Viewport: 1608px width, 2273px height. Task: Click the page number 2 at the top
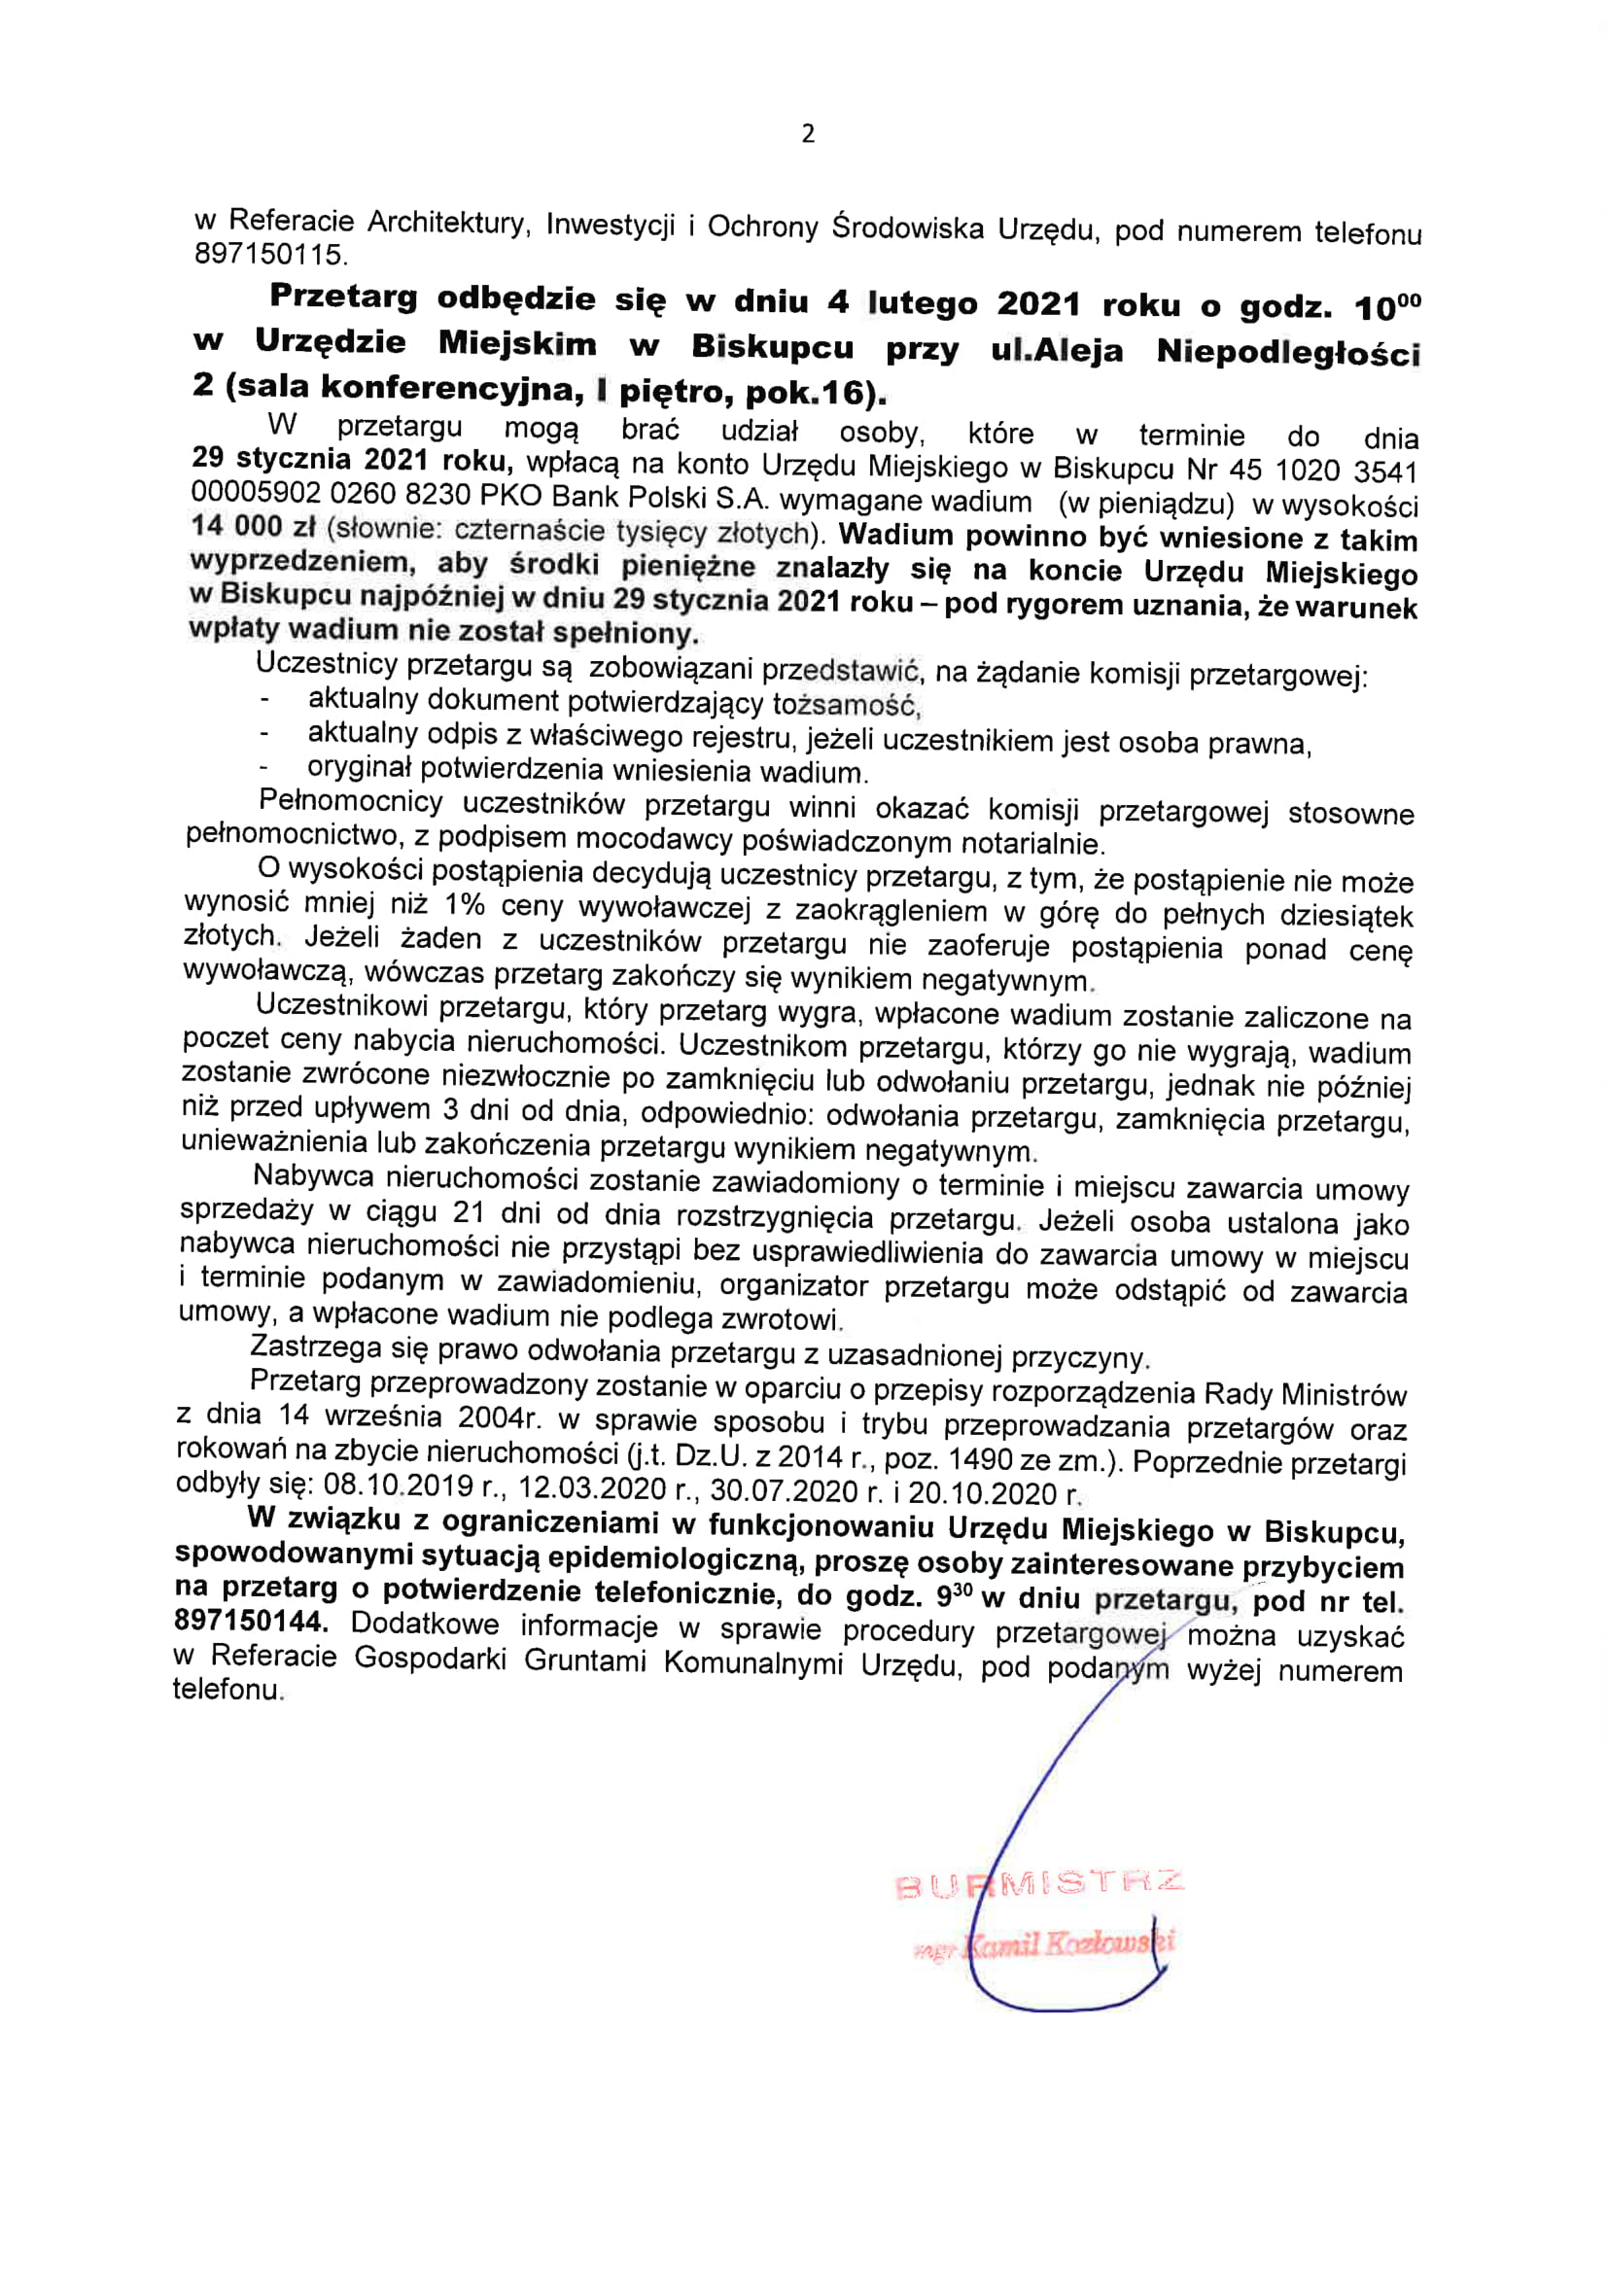808,133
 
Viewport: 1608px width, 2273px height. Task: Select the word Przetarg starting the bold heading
343,296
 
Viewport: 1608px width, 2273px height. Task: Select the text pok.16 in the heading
809,393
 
